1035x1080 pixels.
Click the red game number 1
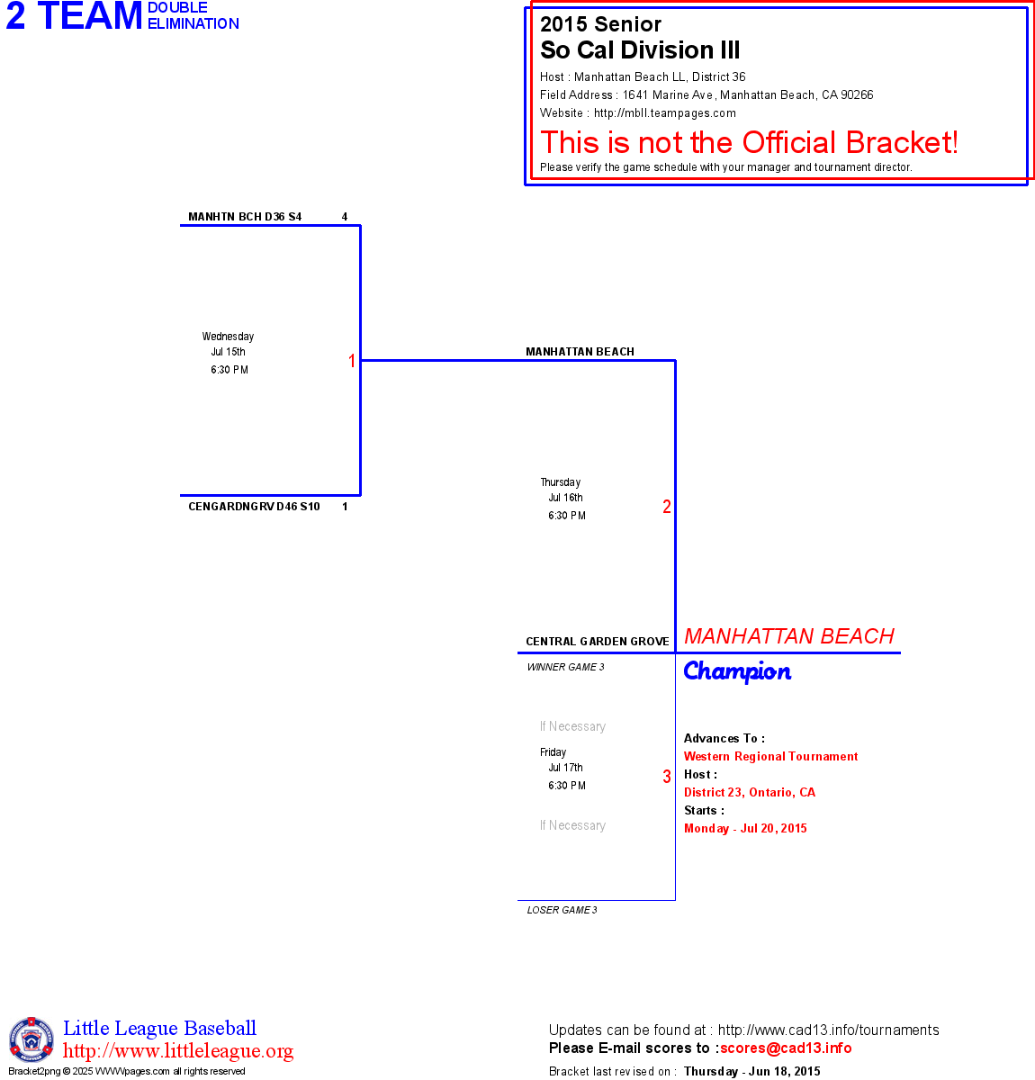pyautogui.click(x=352, y=361)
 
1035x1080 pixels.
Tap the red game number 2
pyautogui.click(x=667, y=507)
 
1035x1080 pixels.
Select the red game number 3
pyautogui.click(x=667, y=777)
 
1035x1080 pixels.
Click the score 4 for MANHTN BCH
pyautogui.click(x=345, y=217)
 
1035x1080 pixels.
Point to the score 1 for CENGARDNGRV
pyautogui.click(x=345, y=507)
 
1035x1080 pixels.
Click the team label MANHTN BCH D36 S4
pyautogui.click(x=245, y=217)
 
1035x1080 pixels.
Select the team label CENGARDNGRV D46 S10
pyautogui.click(x=254, y=507)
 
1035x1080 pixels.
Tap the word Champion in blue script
pyautogui.click(x=737, y=671)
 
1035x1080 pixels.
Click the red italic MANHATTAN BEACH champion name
pyautogui.click(x=789, y=636)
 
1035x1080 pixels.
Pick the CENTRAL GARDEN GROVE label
pyautogui.click(x=598, y=642)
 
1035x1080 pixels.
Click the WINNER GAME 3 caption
pyautogui.click(x=565, y=667)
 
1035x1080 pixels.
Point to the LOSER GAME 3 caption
pyautogui.click(x=562, y=910)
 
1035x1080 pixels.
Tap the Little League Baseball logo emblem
pyautogui.click(x=31, y=1039)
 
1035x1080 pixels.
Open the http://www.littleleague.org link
pyautogui.click(x=178, y=1051)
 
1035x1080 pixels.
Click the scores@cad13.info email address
pyautogui.click(x=786, y=1048)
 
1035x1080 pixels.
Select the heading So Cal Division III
pyautogui.click(x=640, y=50)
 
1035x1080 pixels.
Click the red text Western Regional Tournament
pyautogui.click(x=770, y=756)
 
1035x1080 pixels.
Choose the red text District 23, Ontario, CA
pyautogui.click(x=750, y=792)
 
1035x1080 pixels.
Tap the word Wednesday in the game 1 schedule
pyautogui.click(x=228, y=337)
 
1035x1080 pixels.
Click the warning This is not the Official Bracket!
pyautogui.click(x=749, y=142)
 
